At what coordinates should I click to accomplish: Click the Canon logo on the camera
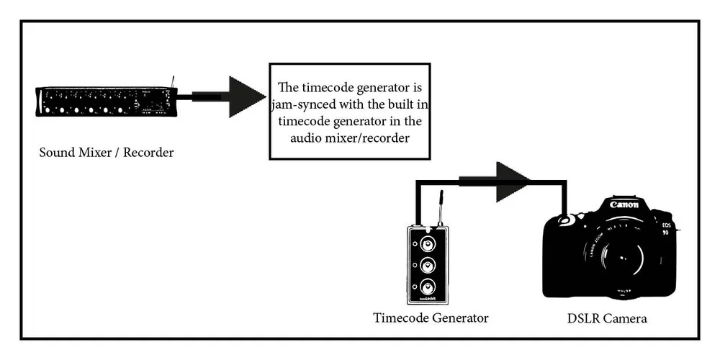pyautogui.click(x=624, y=204)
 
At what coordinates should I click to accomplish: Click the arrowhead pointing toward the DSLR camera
pyautogui.click(x=513, y=181)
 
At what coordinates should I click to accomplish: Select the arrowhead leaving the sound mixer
pyautogui.click(x=247, y=96)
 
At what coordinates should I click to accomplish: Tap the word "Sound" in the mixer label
pyautogui.click(x=57, y=153)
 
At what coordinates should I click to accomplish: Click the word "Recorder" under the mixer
pyautogui.click(x=148, y=153)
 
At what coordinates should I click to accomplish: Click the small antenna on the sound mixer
pyautogui.click(x=172, y=80)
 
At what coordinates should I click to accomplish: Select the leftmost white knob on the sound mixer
pyautogui.click(x=48, y=110)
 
